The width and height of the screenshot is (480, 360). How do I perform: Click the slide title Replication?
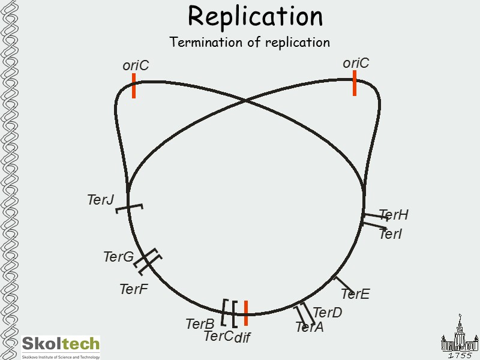tap(255, 16)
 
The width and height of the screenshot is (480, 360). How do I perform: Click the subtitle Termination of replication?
tap(250, 43)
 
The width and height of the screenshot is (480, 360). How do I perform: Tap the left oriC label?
tap(136, 65)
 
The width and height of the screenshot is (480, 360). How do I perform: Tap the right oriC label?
tap(356, 63)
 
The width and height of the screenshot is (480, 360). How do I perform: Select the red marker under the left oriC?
tap(134, 86)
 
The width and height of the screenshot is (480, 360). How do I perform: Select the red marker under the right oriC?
tap(355, 83)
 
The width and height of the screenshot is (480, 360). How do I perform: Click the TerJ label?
tap(100, 200)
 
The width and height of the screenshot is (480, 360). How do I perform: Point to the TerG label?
tap(118, 257)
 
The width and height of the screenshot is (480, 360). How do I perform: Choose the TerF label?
tap(133, 289)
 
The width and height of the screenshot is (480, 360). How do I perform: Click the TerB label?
tap(200, 324)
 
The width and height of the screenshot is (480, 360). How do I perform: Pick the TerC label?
tap(218, 336)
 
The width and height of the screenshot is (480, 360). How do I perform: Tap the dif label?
tap(242, 338)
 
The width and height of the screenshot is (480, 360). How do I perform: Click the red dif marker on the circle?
tap(245, 312)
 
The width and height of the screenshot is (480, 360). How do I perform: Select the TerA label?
tap(309, 327)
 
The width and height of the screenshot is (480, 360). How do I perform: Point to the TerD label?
tap(327, 313)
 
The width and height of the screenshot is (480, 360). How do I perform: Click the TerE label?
tap(355, 294)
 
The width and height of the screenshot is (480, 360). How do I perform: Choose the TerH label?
tap(394, 215)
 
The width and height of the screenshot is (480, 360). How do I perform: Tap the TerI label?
tap(390, 234)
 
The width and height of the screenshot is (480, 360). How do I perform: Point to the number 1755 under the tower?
tap(460, 355)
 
